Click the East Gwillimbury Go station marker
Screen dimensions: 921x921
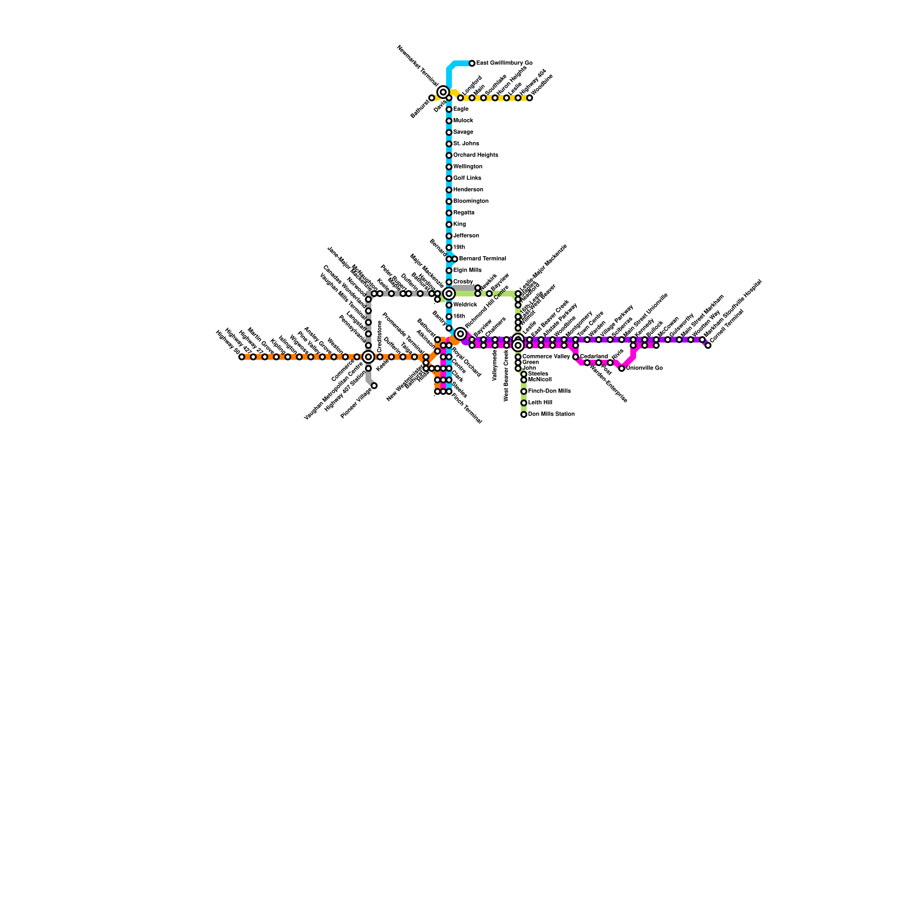coord(472,63)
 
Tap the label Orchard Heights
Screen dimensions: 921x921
coord(475,155)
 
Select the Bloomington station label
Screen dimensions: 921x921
coord(471,201)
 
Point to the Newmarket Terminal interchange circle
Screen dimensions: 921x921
coord(443,92)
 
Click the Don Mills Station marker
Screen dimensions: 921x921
coord(524,414)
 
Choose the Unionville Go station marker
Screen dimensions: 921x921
coord(622,368)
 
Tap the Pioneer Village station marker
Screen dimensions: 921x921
coord(374,386)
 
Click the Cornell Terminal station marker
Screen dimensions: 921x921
coord(708,345)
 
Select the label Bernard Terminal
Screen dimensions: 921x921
coord(482,259)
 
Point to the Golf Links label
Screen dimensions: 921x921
coord(467,178)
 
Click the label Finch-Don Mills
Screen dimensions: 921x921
coord(549,391)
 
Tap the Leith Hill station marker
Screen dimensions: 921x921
coord(524,403)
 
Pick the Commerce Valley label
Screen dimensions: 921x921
coord(546,357)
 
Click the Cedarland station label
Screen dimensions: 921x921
coord(593,357)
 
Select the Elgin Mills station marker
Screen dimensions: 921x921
coord(449,271)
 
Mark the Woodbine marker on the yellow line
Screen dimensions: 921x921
coord(530,98)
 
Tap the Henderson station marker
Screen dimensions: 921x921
coord(449,190)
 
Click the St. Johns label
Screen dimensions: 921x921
coord(466,144)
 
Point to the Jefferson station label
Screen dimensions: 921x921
coord(466,236)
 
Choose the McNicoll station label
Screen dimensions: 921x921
coord(539,380)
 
